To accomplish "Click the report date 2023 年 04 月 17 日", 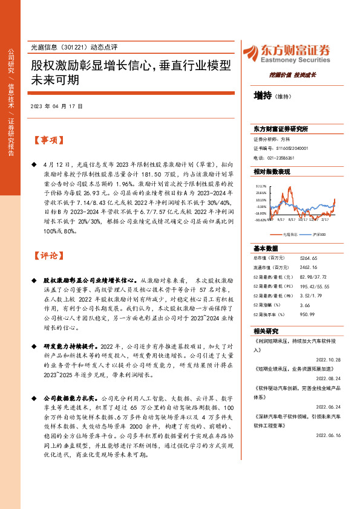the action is [x=56, y=106].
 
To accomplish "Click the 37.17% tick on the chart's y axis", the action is [x=261, y=186].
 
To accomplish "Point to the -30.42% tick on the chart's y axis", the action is [x=261, y=220].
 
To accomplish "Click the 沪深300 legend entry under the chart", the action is [x=318, y=234].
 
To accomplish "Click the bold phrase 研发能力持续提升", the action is [x=68, y=346].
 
